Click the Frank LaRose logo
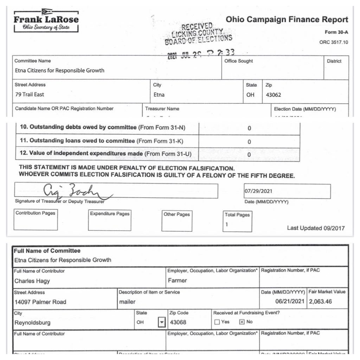click(46, 20)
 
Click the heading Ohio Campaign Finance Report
click(287, 19)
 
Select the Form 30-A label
click(336, 32)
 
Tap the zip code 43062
click(274, 95)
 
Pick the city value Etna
click(159, 95)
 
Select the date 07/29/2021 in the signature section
click(258, 191)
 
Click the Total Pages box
click(237, 221)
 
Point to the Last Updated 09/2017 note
click(316, 228)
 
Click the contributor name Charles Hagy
click(32, 281)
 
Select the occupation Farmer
click(177, 281)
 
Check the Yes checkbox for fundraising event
click(217, 322)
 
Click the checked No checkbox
click(242, 322)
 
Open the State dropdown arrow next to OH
click(161, 322)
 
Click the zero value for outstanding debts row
click(249, 128)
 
